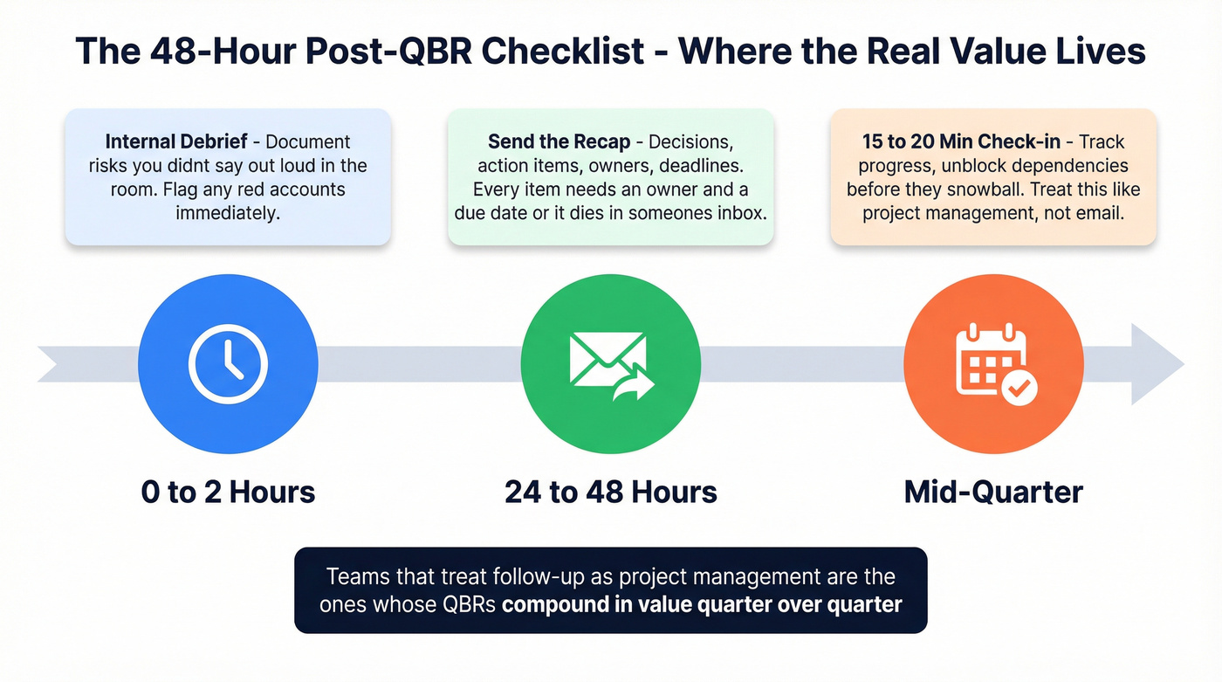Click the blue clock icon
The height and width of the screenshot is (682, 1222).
click(x=228, y=363)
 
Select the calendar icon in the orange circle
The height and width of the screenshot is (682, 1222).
click(x=993, y=363)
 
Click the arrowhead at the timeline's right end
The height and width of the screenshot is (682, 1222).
click(x=1157, y=363)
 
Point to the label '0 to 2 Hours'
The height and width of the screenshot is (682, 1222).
click(x=228, y=493)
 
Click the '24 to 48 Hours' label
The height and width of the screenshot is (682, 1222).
click(x=610, y=493)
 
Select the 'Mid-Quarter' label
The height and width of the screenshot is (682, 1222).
click(x=993, y=493)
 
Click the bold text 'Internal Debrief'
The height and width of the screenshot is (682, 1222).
click(x=179, y=142)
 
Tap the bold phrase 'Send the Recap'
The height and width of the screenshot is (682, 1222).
click(x=559, y=142)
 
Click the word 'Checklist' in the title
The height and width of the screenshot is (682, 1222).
click(x=563, y=52)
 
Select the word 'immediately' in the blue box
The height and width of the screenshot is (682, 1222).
click(x=228, y=212)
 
